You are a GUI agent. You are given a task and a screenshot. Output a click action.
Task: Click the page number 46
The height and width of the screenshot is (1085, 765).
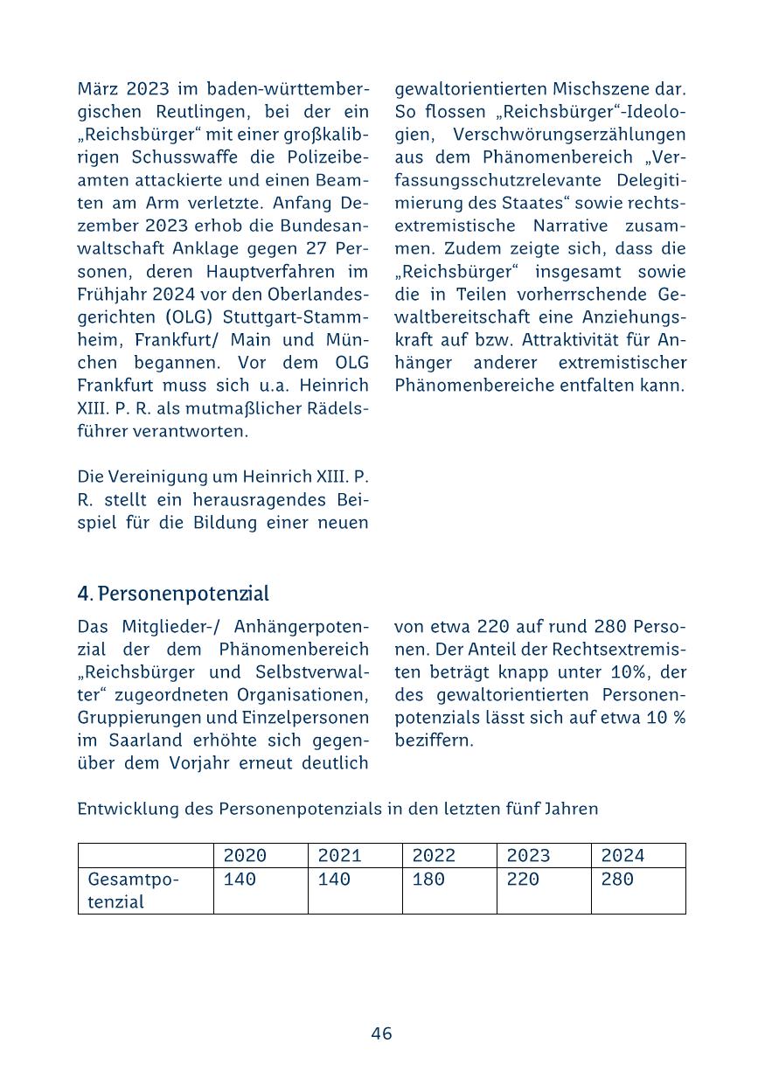tap(381, 1033)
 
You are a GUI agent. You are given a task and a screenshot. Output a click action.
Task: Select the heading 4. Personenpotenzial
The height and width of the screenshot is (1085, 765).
tap(173, 594)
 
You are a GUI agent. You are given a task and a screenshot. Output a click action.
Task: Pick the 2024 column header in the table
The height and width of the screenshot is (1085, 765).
tap(622, 856)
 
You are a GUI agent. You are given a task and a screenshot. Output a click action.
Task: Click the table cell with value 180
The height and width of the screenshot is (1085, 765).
tap(428, 880)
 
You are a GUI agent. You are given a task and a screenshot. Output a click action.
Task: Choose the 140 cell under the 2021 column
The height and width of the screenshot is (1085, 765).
tap(334, 880)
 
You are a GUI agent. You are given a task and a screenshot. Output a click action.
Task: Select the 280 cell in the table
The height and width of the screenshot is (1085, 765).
tap(617, 880)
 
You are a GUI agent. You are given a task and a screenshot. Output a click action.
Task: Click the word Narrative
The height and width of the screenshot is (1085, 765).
tap(573, 226)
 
